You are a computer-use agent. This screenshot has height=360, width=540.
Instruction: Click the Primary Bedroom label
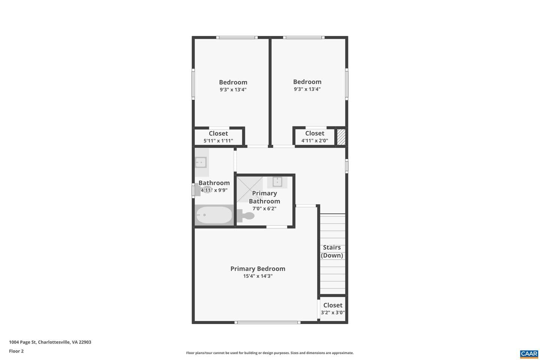(x=258, y=269)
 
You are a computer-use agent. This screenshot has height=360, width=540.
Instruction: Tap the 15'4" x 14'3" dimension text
(x=258, y=276)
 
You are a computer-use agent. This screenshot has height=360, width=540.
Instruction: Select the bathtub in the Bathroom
(x=214, y=215)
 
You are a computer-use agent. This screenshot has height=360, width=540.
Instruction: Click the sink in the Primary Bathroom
(x=277, y=182)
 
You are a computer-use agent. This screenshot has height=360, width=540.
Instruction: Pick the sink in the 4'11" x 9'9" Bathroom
(x=201, y=162)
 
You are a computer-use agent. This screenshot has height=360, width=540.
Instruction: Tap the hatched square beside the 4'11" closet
(x=341, y=137)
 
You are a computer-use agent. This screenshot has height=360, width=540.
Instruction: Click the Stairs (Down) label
(x=332, y=252)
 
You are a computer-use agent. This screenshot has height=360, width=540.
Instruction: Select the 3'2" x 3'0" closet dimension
(x=333, y=313)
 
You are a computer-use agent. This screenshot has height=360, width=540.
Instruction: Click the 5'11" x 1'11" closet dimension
(x=218, y=141)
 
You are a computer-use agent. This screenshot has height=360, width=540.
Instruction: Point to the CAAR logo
(x=529, y=354)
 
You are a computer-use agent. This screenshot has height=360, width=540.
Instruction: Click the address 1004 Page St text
(x=22, y=342)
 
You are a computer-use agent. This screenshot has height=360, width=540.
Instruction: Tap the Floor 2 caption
(x=16, y=351)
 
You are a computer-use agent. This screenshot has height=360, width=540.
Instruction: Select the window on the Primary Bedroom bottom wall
(x=268, y=322)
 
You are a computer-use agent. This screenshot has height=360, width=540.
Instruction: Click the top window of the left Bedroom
(x=237, y=37)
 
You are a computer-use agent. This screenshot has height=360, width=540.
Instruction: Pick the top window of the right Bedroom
(x=304, y=37)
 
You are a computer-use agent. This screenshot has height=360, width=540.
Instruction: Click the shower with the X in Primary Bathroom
(x=249, y=189)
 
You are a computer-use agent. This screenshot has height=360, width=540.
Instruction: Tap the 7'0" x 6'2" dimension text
(x=264, y=208)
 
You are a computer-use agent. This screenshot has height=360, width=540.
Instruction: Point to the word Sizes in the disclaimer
(x=294, y=353)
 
